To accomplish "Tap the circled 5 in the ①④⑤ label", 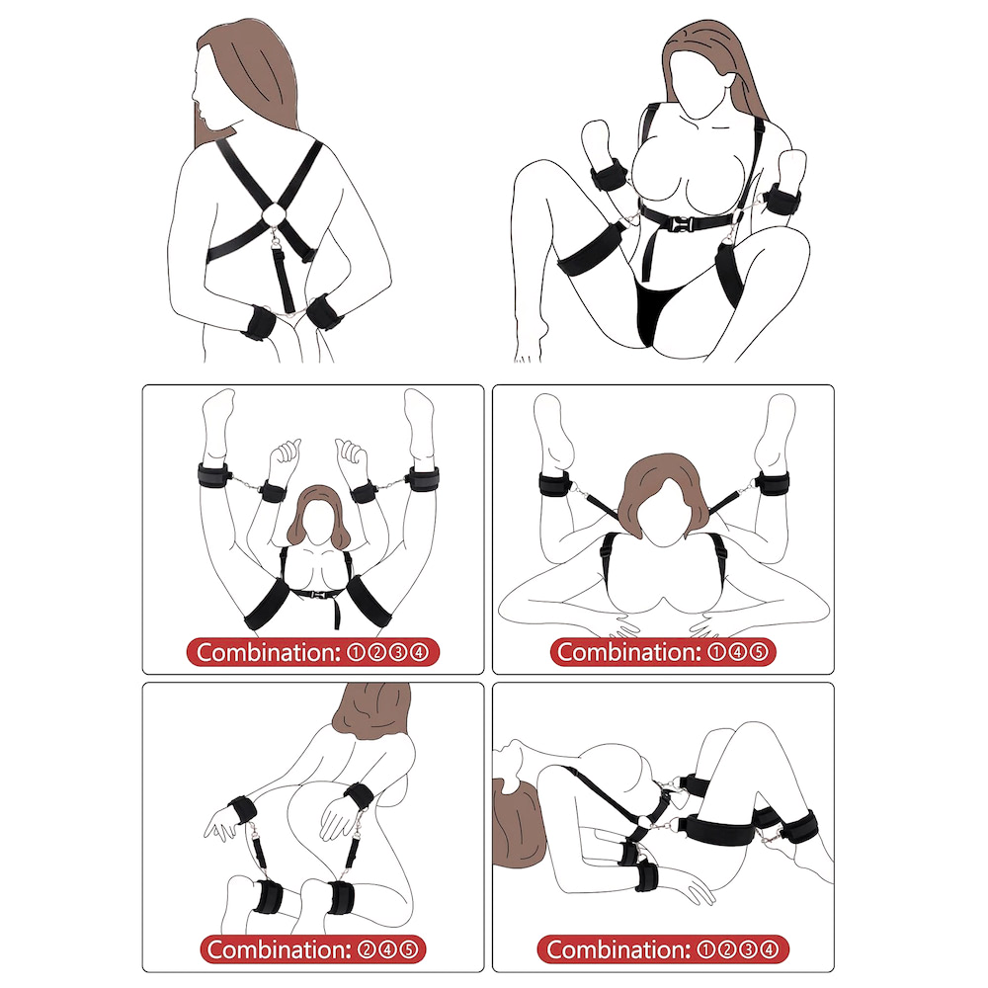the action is point(759,652).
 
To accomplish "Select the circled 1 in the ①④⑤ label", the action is point(716,652).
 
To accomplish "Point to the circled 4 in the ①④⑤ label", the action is point(738,652).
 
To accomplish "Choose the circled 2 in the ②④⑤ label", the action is point(367,949).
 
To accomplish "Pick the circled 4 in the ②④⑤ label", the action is point(388,949).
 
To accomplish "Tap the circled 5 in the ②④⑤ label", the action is point(410,949).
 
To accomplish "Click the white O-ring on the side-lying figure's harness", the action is point(645,822).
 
